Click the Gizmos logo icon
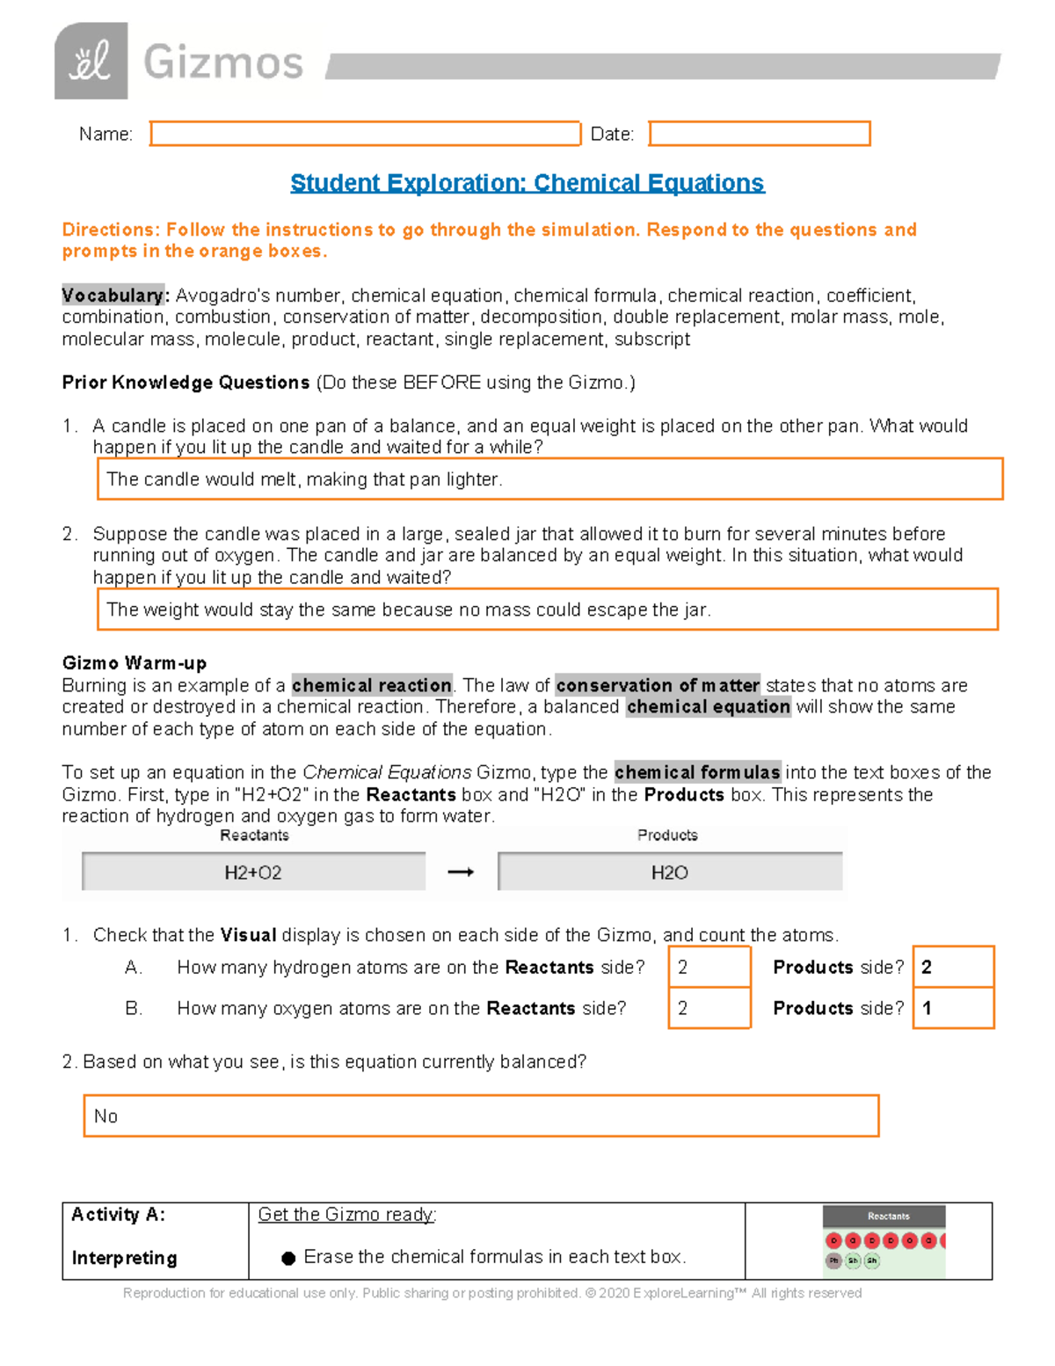pos(91,62)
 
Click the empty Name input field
pos(365,134)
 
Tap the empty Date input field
pos(759,134)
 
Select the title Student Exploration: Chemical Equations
pos(527,183)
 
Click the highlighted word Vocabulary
pos(113,296)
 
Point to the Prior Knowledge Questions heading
pos(186,383)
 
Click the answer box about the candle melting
pos(549,479)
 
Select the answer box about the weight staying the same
pos(547,610)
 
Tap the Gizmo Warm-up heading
pos(135,663)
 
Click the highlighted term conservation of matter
pos(657,685)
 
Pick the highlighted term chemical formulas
pos(697,772)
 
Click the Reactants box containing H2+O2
pos(253,873)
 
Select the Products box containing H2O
pos(669,873)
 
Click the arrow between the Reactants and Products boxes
pos(461,873)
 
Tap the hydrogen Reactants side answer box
pos(709,968)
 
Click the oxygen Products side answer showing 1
pos(953,1008)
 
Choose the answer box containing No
pos(481,1116)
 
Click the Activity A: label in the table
pos(118,1215)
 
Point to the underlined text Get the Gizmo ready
pos(346,1215)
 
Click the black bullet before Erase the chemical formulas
pos(288,1259)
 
